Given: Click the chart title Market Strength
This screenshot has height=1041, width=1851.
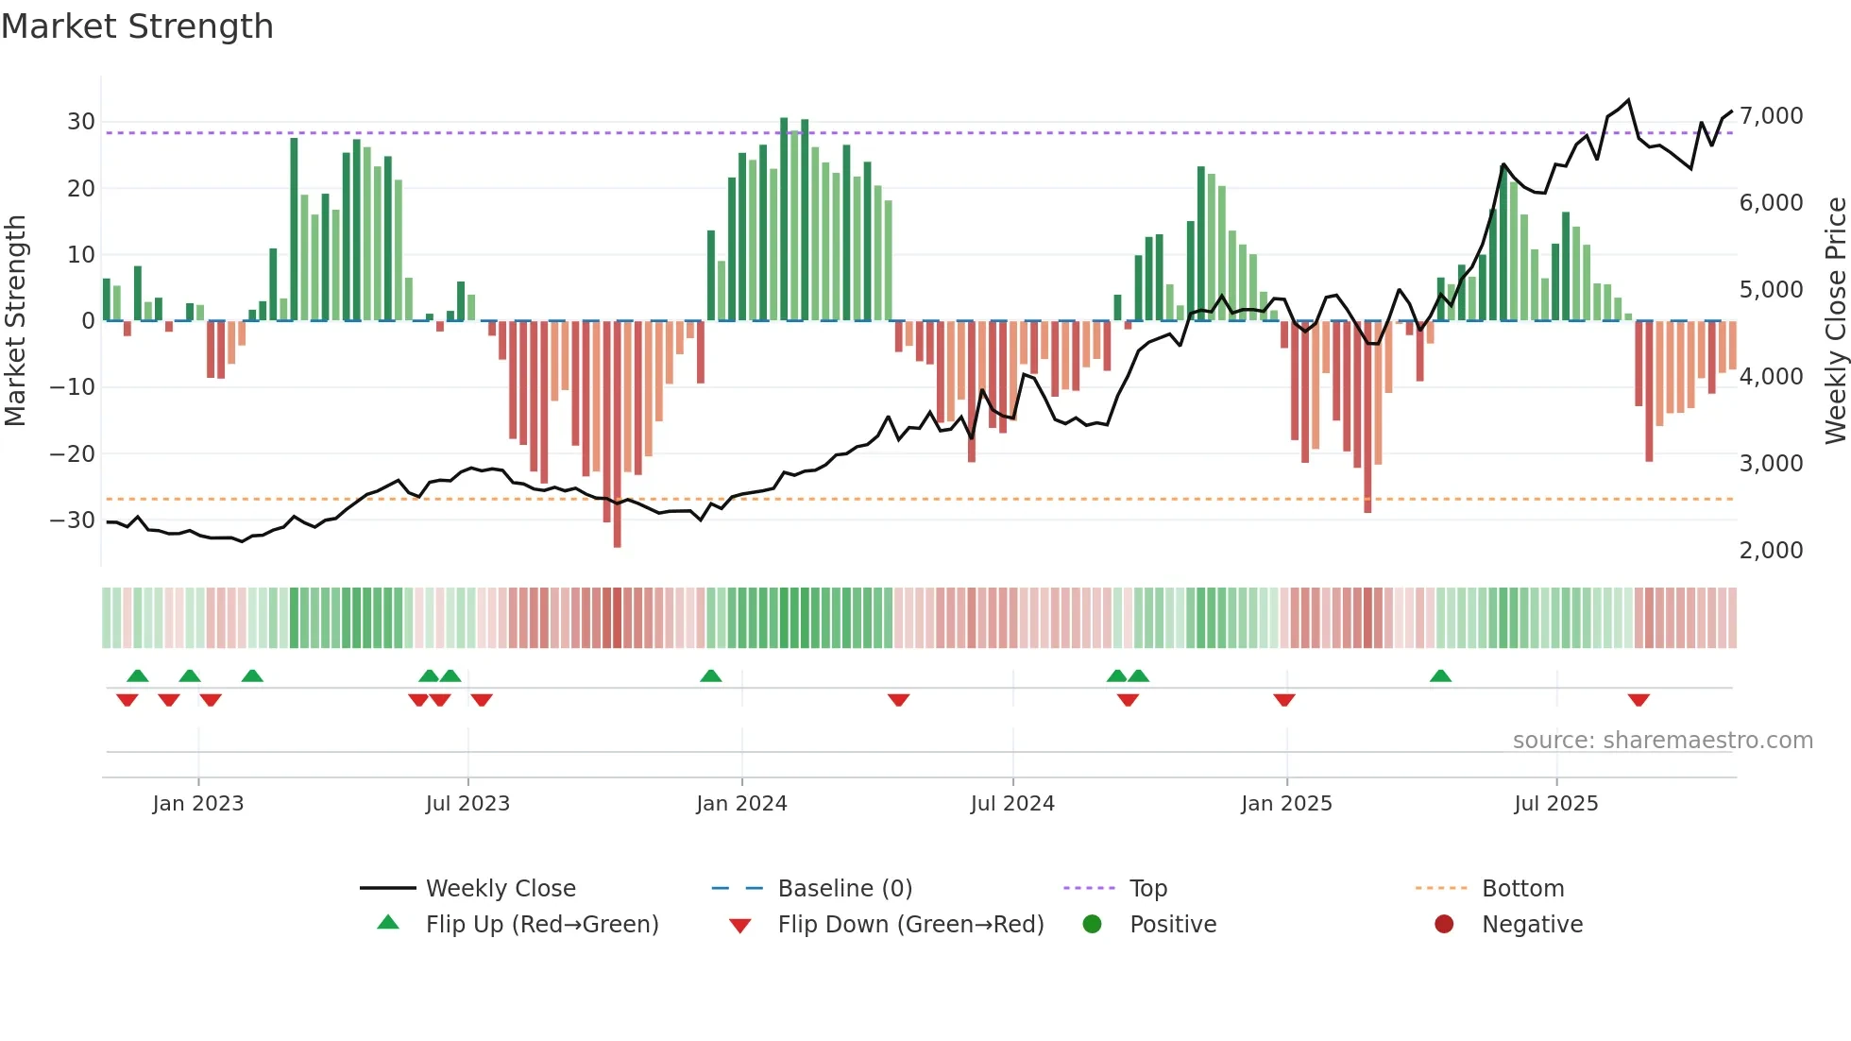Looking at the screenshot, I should (137, 26).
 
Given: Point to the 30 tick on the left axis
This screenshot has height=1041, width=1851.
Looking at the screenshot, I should (80, 122).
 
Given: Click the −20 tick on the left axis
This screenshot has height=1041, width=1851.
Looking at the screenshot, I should (73, 453).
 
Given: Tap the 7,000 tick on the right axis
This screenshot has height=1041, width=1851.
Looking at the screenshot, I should (1771, 116).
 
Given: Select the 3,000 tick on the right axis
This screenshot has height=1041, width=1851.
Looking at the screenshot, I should (1771, 464).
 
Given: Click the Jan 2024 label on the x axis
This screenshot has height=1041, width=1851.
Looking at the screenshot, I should (741, 804).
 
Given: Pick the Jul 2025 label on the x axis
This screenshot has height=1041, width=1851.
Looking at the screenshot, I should (1555, 804).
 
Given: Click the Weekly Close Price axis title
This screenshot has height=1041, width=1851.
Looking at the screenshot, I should (1835, 320).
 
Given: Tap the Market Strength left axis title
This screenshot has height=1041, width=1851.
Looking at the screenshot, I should (16, 320).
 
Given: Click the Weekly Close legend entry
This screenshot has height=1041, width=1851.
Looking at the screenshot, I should (500, 889).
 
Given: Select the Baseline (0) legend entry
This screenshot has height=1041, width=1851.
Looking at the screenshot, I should (844, 889).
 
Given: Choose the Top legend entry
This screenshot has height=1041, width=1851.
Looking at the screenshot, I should (1147, 889).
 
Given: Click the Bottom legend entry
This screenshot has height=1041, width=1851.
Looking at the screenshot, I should (1522, 889).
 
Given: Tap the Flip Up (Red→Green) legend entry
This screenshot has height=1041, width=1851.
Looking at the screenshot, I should (541, 925).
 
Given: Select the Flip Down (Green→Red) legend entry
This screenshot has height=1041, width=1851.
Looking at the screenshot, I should (909, 925).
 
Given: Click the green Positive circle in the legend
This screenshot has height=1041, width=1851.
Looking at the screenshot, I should (1093, 925).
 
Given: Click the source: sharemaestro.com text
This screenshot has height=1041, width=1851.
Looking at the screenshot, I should (1662, 741).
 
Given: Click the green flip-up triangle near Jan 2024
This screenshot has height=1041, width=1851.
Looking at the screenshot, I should (711, 676).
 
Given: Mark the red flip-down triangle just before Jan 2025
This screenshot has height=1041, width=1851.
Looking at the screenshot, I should (1284, 700).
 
